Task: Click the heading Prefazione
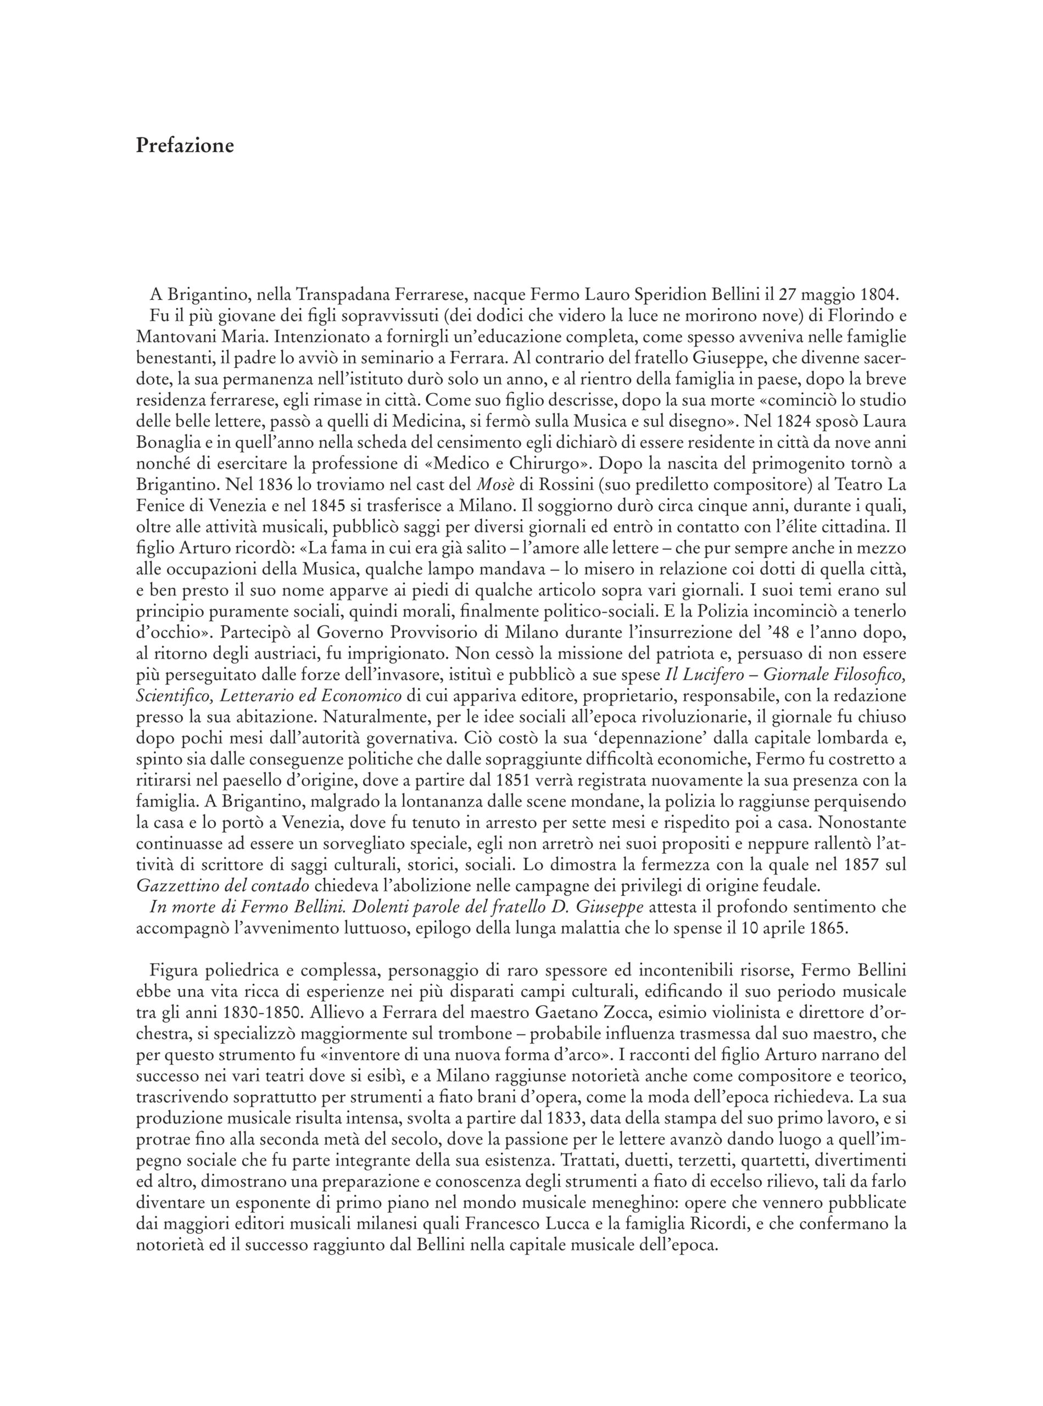(x=185, y=146)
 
